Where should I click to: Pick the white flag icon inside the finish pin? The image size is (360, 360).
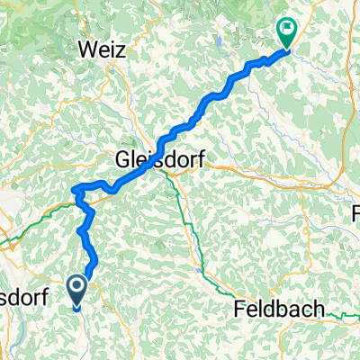[x=287, y=30]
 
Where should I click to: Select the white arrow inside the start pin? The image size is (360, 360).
[x=77, y=288]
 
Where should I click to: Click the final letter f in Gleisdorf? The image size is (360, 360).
[x=199, y=161]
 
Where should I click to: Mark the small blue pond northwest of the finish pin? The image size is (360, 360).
[x=219, y=39]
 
